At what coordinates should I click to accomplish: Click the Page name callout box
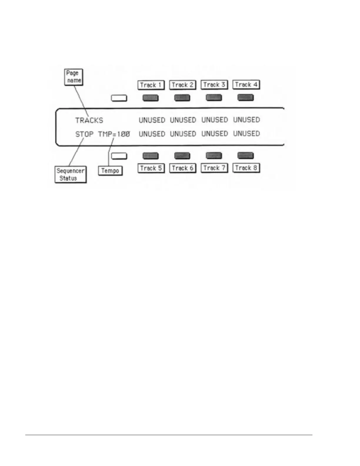[x=74, y=77]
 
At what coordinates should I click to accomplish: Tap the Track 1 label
[x=151, y=85]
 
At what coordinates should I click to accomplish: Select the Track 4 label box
[x=246, y=85]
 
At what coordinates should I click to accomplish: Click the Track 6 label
[x=183, y=168]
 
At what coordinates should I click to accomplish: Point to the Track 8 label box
[x=246, y=168]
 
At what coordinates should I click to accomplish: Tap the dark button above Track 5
[x=151, y=156]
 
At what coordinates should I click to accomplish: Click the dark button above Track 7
[x=214, y=155]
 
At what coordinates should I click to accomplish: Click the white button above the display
[x=119, y=98]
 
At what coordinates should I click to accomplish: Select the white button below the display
[x=119, y=156]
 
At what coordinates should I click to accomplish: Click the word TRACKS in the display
[x=89, y=120]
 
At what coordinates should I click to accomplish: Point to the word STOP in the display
[x=84, y=134]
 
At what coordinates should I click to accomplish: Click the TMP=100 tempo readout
[x=114, y=134]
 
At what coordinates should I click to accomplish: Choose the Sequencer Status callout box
[x=71, y=174]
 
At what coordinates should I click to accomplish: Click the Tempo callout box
[x=110, y=171]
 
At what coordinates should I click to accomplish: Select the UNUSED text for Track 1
[x=152, y=120]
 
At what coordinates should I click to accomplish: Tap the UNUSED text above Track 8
[x=246, y=134]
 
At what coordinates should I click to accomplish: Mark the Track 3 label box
[x=214, y=85]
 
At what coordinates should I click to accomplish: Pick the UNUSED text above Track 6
[x=183, y=134]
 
